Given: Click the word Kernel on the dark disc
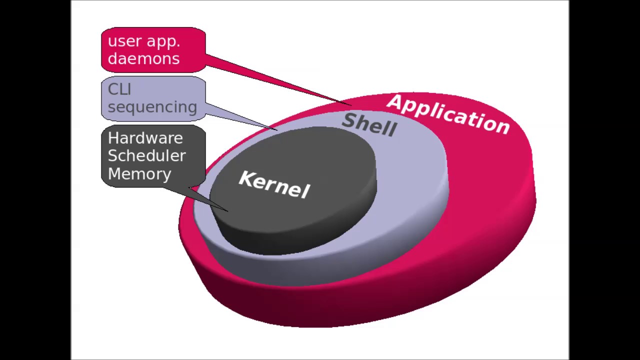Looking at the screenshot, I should [x=274, y=184].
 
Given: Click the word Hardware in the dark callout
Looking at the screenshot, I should [x=145, y=138].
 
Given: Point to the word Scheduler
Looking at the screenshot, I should [x=146, y=155].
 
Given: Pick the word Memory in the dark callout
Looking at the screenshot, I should [x=139, y=173].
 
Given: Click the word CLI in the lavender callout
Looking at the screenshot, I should [x=119, y=89].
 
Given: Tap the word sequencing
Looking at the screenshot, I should [x=152, y=107].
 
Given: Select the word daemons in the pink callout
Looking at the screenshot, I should [x=143, y=58].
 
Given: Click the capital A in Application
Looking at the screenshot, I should [x=394, y=102].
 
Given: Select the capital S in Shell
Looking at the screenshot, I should [x=349, y=120].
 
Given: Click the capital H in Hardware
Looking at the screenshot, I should [x=113, y=138].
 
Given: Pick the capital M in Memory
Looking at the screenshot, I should [x=114, y=173].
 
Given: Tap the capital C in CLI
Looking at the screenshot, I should [x=112, y=89].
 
